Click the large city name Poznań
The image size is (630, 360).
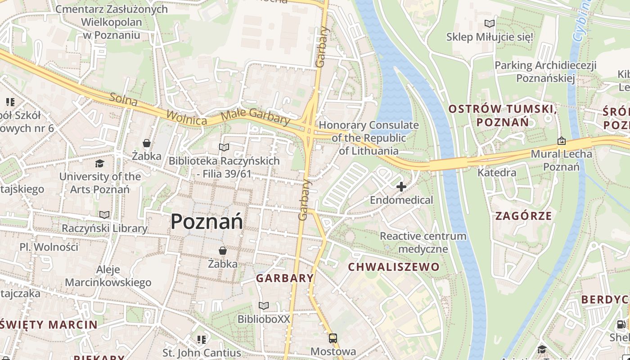pos(207,221)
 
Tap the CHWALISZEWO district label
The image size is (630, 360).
pos(394,267)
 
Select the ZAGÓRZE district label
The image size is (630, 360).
pos(523,216)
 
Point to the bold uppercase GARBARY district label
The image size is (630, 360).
pos(285,278)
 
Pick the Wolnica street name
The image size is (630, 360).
pos(186,117)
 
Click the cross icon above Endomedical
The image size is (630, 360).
pos(401,186)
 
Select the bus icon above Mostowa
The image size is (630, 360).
pos(333,338)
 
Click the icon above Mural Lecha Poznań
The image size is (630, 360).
pos(562,141)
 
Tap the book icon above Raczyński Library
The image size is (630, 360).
pos(104,215)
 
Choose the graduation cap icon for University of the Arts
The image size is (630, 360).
pos(99,163)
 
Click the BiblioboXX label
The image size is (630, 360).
pos(264,319)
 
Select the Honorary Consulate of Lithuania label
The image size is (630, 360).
pos(369,138)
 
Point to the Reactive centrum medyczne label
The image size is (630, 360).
pos(423,242)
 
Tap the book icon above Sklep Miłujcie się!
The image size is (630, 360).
pos(489,23)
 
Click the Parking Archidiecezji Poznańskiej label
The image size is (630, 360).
pos(545,72)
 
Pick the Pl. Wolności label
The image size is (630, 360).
pos(49,247)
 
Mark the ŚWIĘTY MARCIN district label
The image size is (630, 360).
pos(49,324)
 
